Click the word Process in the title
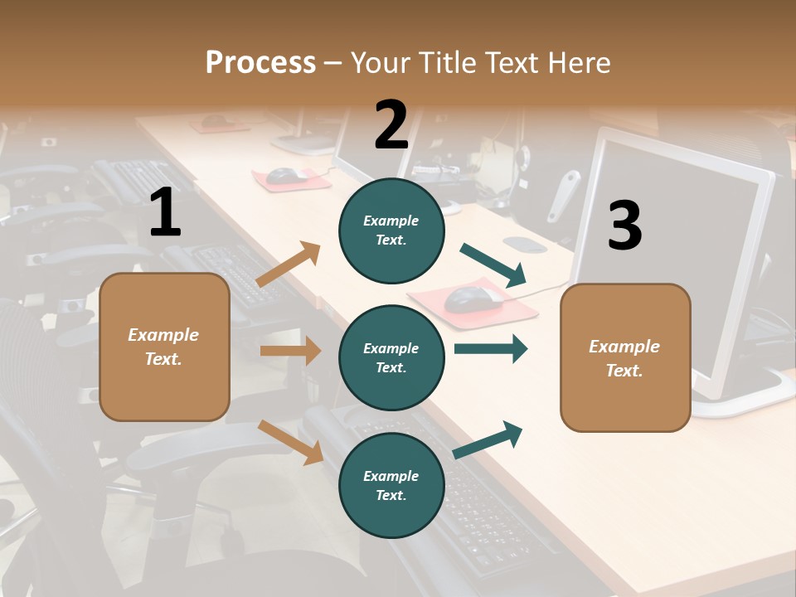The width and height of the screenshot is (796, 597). coord(260,62)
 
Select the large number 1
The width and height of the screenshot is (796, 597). coord(164,213)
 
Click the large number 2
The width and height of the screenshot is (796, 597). coord(391,125)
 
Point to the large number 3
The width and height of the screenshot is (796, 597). coord(624,226)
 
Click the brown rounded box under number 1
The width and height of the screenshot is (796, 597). coord(164,347)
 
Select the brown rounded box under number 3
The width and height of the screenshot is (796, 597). coord(625,357)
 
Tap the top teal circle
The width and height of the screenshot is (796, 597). coord(391,230)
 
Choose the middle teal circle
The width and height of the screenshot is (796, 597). coord(391,357)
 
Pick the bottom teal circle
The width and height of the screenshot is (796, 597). coord(391,485)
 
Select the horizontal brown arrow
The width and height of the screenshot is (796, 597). coord(290,351)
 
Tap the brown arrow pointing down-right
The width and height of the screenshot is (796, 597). coord(290,442)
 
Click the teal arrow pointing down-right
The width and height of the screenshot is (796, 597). coord(493,265)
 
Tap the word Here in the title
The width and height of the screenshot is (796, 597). coord(579,62)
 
